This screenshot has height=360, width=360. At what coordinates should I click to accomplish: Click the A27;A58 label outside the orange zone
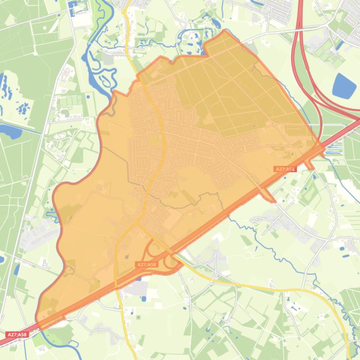click(17, 335)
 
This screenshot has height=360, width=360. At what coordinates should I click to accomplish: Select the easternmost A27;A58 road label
click(285, 169)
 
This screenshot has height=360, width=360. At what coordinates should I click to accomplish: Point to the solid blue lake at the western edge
click(10, 131)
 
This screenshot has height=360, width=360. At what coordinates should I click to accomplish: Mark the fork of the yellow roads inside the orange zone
click(136, 223)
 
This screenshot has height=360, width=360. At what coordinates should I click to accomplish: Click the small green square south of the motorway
click(139, 317)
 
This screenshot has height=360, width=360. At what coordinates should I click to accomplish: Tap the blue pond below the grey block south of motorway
click(144, 298)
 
